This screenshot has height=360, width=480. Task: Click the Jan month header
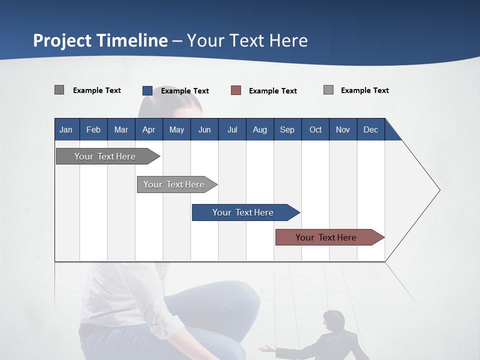66,129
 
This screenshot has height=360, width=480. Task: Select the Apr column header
149,129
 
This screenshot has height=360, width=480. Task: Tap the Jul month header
232,129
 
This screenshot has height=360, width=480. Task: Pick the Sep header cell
287,129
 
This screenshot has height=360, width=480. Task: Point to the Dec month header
370,129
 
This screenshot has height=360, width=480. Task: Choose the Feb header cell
93,129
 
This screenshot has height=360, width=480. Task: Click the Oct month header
315,129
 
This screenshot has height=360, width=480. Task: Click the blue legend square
147,90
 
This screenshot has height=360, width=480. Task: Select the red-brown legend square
236,90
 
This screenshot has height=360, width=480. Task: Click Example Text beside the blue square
185,91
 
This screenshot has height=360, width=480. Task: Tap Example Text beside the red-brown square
273,91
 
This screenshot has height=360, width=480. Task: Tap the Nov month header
343,129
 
